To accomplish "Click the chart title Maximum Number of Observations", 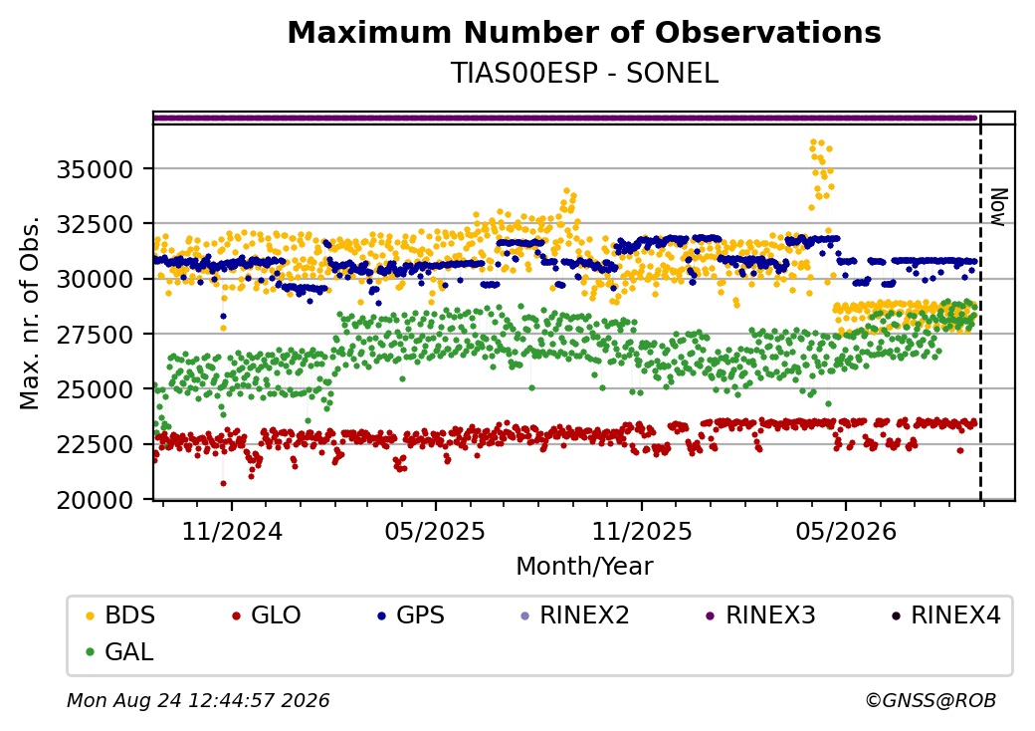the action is (584, 32).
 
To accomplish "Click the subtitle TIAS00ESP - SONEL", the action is (584, 74).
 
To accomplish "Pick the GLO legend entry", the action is (267, 615).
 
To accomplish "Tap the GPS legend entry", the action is (411, 615).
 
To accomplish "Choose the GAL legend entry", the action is (120, 651).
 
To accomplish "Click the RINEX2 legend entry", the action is (575, 615).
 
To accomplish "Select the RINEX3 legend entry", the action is (760, 615).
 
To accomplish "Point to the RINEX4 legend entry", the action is (945, 615).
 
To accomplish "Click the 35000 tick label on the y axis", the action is (96, 169).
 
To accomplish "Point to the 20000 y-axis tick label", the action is (96, 501).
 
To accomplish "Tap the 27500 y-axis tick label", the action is (96, 335).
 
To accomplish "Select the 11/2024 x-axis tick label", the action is (232, 532).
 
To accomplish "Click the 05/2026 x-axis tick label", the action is (846, 532).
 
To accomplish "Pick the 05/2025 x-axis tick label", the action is (435, 532).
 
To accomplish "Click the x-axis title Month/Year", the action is (584, 567).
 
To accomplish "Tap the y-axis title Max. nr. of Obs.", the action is (30, 313).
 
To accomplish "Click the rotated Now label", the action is (999, 207).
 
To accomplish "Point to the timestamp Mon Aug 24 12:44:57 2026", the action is (198, 700).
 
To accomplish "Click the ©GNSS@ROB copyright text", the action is (931, 700).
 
